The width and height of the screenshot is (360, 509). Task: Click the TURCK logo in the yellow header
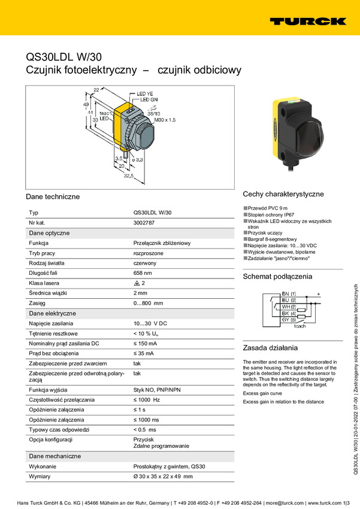308,22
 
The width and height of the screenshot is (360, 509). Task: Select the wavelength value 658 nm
142,273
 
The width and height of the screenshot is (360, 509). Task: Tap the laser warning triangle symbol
137,283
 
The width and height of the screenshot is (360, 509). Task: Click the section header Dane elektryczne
52,313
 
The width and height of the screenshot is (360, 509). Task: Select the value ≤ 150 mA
145,344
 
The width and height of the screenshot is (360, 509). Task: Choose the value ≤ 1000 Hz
147,399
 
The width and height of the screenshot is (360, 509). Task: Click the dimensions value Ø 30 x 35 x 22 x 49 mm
163,477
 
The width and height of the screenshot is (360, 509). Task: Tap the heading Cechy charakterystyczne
283,194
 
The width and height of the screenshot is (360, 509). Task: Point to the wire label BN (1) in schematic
289,293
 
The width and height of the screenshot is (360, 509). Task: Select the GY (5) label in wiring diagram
289,320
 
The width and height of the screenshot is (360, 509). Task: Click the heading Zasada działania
269,348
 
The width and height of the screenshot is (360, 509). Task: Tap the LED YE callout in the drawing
146,94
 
